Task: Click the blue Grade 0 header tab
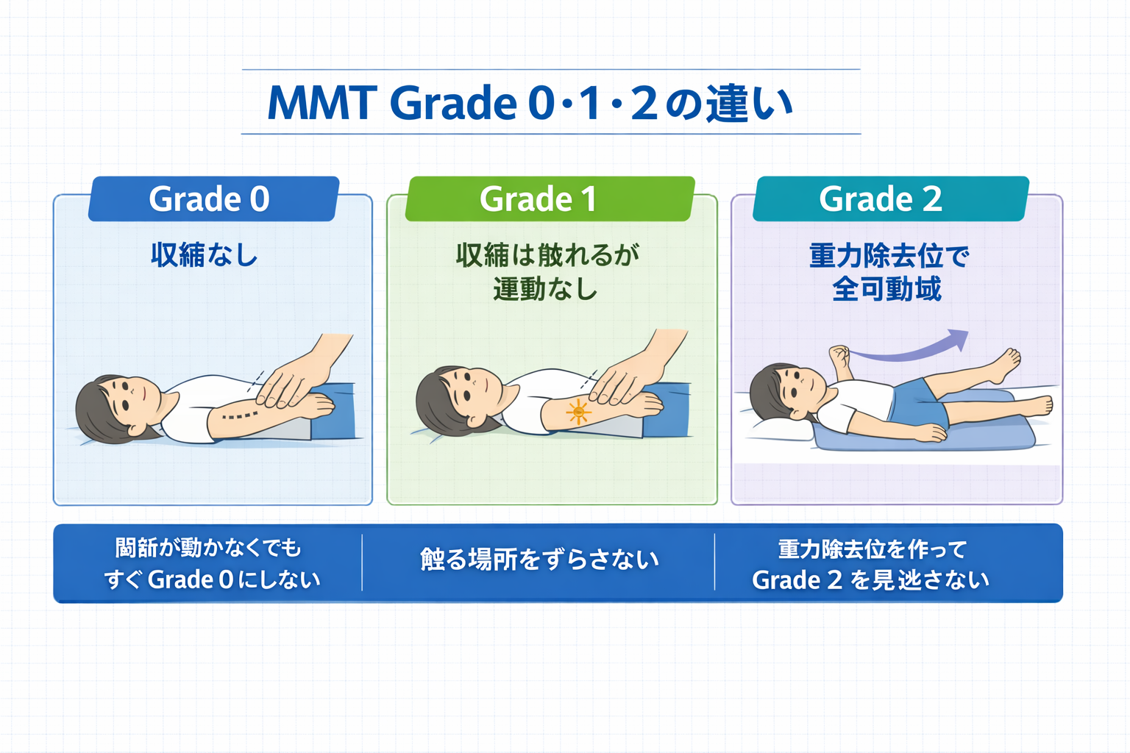(213, 199)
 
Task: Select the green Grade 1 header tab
(549, 199)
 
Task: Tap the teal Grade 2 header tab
(890, 199)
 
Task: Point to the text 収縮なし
(205, 255)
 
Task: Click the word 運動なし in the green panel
(545, 289)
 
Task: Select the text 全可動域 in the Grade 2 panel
(887, 289)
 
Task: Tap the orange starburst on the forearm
(578, 412)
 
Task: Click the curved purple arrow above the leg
(912, 347)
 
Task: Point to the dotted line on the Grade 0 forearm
(239, 416)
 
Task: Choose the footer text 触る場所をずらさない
(539, 560)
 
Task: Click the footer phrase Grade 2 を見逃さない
(870, 580)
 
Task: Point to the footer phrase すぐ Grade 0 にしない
(212, 580)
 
